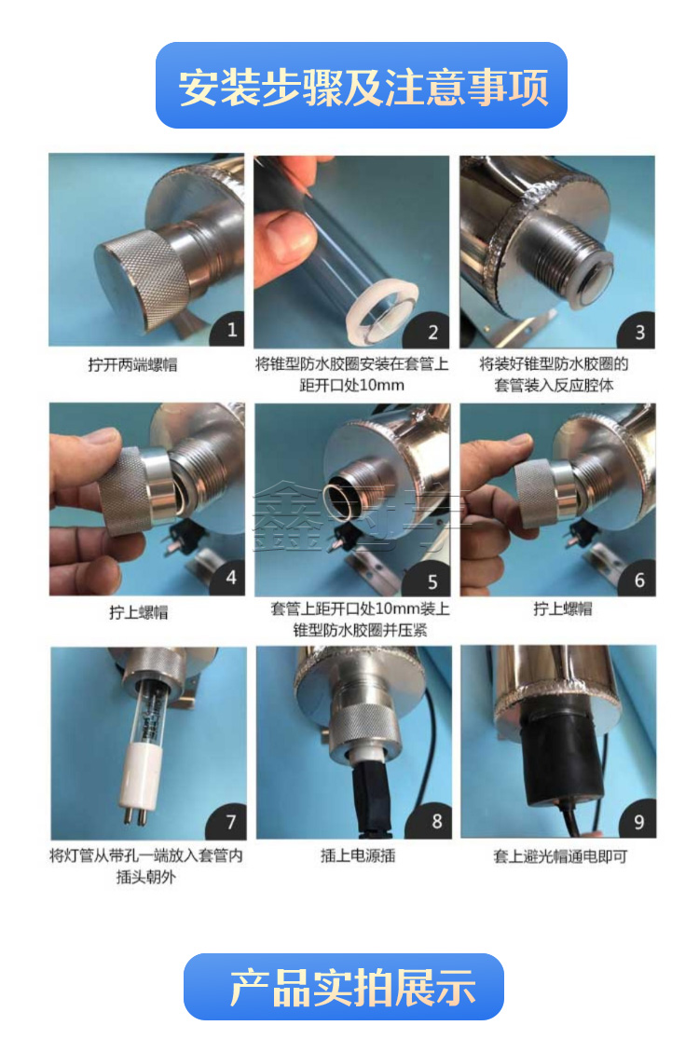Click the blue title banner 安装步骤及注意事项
(x=361, y=86)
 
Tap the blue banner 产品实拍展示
(x=343, y=987)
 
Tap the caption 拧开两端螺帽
(x=132, y=365)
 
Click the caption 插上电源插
(x=358, y=856)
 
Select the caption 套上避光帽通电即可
(x=560, y=856)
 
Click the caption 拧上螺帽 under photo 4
(x=139, y=612)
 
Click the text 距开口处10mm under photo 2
(x=351, y=386)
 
